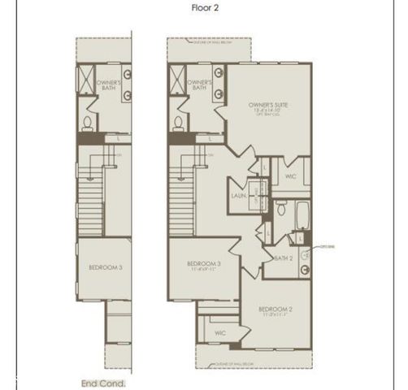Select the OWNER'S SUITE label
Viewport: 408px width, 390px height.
pos(269,106)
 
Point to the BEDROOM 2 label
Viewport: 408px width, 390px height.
pos(275,309)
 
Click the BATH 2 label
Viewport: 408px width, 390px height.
pos(284,258)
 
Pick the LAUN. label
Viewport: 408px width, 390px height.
pos(238,196)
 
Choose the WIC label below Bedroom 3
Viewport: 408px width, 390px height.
pos(219,333)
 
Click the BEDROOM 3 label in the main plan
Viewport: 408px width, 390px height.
pos(204,264)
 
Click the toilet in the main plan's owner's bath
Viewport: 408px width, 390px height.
pos(178,125)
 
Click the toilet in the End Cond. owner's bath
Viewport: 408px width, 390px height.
pos(87,125)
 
